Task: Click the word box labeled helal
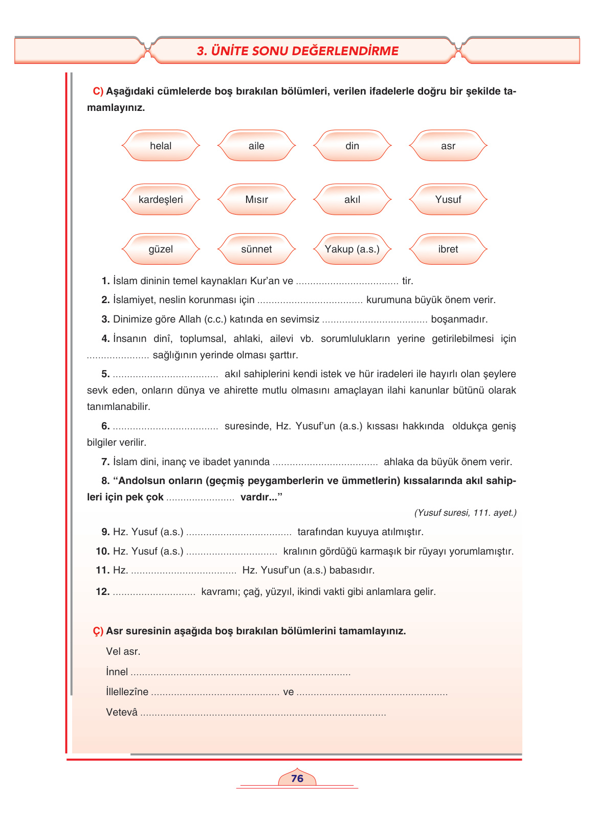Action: coord(161,146)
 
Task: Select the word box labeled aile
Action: coord(256,146)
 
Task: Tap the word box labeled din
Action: coord(352,146)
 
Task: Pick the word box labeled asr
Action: coord(448,146)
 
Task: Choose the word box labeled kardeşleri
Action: coord(161,200)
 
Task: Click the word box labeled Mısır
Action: coord(256,200)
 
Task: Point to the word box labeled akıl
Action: coord(352,200)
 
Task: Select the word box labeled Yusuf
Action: coord(448,200)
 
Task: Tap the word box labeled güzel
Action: coord(161,249)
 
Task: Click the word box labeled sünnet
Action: coord(256,249)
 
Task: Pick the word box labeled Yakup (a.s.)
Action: coord(352,249)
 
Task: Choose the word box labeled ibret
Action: coord(448,249)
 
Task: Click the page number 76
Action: coord(297,778)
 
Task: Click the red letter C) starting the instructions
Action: coord(98,91)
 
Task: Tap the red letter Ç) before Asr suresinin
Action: coord(98,631)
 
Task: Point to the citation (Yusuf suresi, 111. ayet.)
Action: coord(465,513)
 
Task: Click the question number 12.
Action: coord(102,592)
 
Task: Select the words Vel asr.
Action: coord(123,652)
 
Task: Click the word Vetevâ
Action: coord(122,713)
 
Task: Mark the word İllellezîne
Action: coord(127,692)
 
